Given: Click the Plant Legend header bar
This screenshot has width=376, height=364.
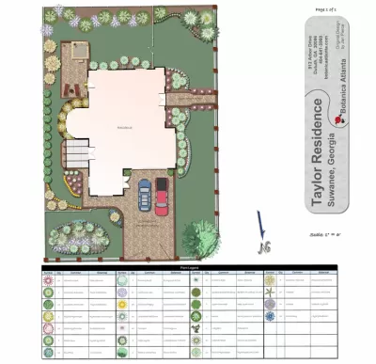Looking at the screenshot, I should tap(188, 267).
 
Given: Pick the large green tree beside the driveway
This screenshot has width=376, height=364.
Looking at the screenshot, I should tap(201, 236).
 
